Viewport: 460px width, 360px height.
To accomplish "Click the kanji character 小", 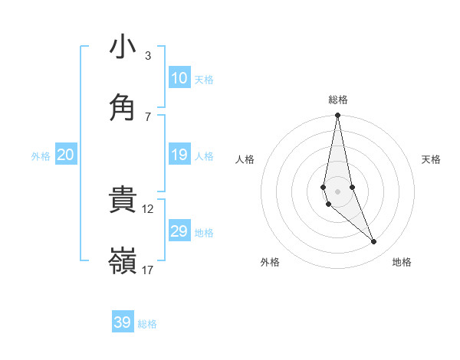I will (123, 47).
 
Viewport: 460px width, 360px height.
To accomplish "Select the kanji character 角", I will (123, 106).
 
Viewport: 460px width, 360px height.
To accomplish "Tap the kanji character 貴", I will (123, 200).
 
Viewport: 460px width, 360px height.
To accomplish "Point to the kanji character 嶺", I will (123, 260).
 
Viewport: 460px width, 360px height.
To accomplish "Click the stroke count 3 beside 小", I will (148, 56).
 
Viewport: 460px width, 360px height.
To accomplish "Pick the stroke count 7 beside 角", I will (148, 116).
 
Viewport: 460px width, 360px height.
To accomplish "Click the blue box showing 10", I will (179, 78).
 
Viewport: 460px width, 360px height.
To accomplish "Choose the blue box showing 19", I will (179, 155).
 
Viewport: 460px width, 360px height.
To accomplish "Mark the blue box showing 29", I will (179, 231).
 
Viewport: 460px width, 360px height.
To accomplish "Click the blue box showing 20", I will (66, 155).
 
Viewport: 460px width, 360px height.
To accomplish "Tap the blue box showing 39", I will (123, 322).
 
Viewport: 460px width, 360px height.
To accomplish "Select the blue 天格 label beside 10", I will (204, 80).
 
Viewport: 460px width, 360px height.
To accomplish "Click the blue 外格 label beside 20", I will (41, 156).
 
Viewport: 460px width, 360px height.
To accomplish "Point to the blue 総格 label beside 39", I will (147, 324).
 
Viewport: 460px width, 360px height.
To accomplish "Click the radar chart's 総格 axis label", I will (338, 100).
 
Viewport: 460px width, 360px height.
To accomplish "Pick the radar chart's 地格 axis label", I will (402, 263).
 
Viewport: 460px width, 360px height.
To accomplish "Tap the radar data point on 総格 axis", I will (337, 116).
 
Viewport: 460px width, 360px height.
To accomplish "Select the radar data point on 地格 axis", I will (374, 242).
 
